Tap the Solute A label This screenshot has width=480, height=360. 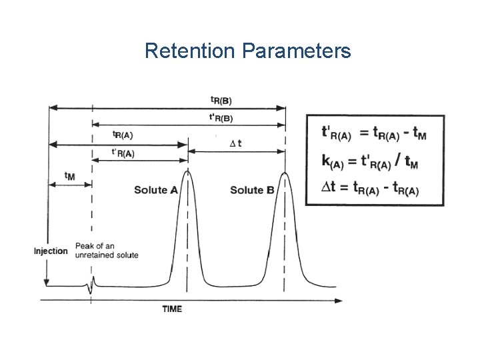click(155, 190)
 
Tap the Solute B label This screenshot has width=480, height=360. click(252, 190)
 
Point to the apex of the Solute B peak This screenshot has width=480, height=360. click(285, 173)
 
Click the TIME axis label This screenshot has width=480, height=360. click(172, 309)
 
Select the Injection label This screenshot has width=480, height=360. click(51, 251)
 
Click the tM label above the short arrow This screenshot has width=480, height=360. click(69, 175)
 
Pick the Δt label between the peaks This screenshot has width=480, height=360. click(235, 143)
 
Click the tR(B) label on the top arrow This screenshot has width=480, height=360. click(221, 100)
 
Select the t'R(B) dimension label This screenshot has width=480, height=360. click(221, 118)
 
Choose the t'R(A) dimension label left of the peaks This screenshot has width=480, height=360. click(123, 153)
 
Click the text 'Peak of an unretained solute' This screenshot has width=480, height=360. click(107, 251)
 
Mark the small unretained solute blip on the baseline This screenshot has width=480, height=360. click(92, 285)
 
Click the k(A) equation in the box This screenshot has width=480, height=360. click(370, 161)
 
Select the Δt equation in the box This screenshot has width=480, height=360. click(370, 189)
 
